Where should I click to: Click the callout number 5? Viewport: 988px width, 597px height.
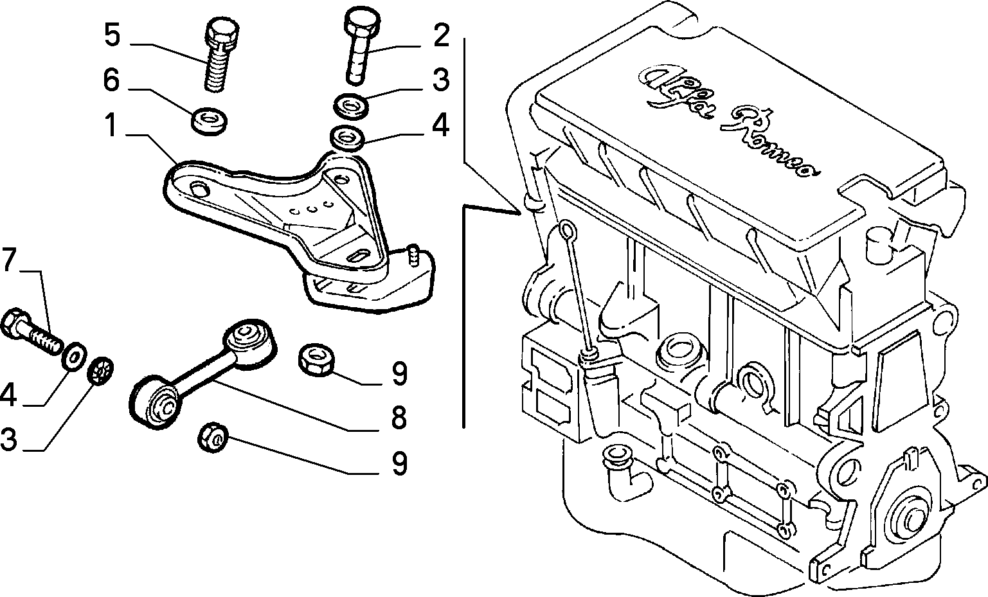[112, 35]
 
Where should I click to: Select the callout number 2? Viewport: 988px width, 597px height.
[441, 35]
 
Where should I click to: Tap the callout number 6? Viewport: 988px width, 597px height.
[112, 80]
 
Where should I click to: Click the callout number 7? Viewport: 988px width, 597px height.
[9, 260]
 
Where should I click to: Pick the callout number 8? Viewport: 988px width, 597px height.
[399, 418]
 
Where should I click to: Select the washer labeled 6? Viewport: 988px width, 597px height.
[210, 120]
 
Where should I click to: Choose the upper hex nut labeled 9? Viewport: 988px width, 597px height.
[316, 360]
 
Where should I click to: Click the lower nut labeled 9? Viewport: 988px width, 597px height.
[213, 437]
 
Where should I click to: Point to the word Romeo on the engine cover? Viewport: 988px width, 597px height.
[769, 141]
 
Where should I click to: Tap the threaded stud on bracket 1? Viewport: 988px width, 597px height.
[413, 255]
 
